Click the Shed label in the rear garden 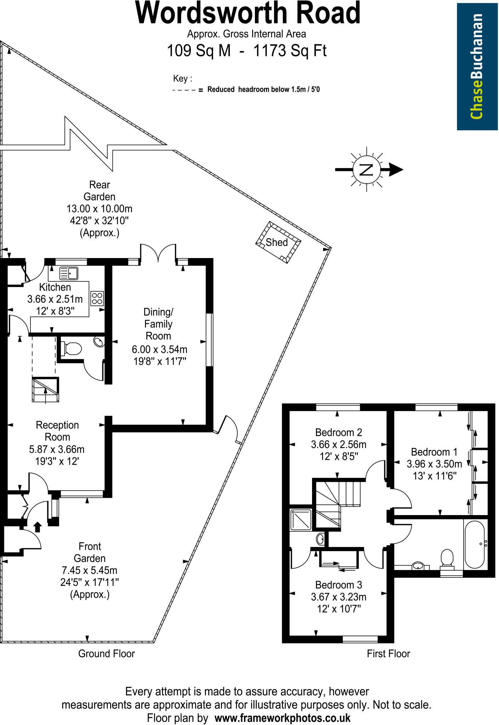[x=277, y=242]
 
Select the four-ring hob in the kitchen [x=97, y=298]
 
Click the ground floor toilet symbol [x=72, y=348]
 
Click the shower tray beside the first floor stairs [x=301, y=520]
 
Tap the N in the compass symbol [x=367, y=170]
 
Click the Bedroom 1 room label [x=434, y=452]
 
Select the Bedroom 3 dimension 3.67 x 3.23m [x=338, y=598]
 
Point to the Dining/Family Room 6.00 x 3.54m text [x=159, y=349]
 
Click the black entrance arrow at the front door [x=38, y=527]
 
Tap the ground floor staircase [x=45, y=389]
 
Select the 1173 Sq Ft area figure [x=290, y=51]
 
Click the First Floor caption [x=388, y=653]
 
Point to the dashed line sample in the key [x=184, y=90]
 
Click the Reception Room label [x=57, y=431]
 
